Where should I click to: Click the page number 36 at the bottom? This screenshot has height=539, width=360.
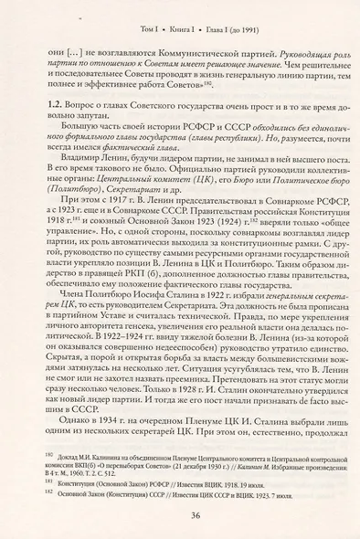pos(181,513)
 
